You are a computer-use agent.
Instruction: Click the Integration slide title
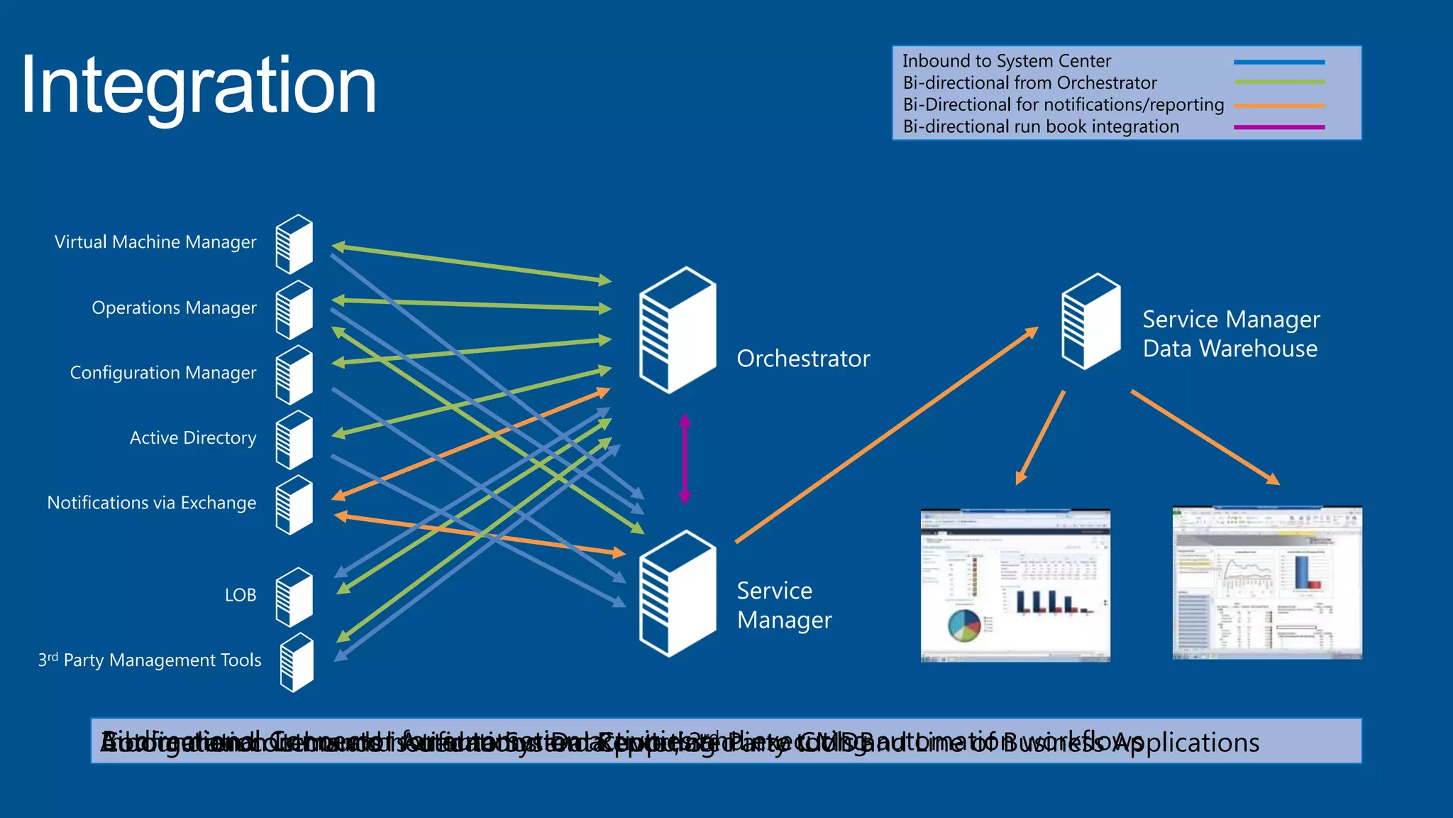(x=198, y=86)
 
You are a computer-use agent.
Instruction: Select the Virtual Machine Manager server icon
(x=294, y=244)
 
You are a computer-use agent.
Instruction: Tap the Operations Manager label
(x=174, y=307)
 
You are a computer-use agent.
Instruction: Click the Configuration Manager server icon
(x=294, y=375)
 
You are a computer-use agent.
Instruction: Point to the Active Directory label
(x=193, y=437)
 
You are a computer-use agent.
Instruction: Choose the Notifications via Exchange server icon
(x=294, y=505)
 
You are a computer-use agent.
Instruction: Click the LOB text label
(x=241, y=595)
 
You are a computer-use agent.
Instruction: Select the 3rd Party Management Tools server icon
(x=297, y=662)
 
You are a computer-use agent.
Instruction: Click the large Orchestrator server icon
(x=677, y=330)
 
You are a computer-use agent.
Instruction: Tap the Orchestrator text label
(x=803, y=359)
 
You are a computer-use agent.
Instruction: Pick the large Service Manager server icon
(x=677, y=594)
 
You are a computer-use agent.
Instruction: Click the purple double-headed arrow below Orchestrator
(x=685, y=459)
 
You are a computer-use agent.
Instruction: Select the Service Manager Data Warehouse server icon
(x=1090, y=322)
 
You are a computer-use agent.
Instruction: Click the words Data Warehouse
(x=1230, y=349)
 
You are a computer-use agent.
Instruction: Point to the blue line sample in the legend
(x=1279, y=62)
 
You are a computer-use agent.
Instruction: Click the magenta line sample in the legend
(x=1279, y=127)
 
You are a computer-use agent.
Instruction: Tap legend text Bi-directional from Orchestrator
(x=1029, y=83)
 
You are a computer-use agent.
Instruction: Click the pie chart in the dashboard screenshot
(x=963, y=625)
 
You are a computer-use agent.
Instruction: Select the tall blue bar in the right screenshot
(x=1301, y=572)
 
